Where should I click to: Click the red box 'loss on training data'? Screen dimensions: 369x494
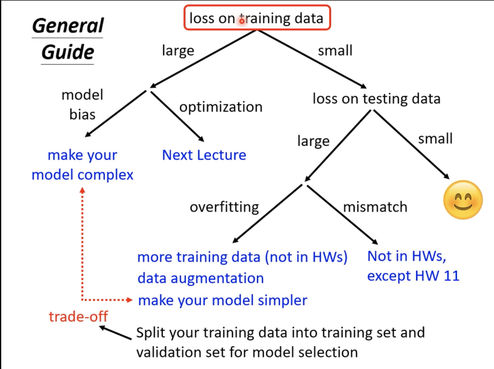(257, 18)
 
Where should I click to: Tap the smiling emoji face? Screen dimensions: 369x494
(462, 200)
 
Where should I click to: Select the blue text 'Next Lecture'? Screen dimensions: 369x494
(204, 155)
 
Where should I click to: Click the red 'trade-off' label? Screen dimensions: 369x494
(78, 316)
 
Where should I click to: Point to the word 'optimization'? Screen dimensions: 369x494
(221, 107)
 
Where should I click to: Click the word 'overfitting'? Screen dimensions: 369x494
(224, 207)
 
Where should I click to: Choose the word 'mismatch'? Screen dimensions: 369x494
(375, 207)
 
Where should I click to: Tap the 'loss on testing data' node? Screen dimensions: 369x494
(376, 99)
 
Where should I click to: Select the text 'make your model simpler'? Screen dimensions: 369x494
(222, 301)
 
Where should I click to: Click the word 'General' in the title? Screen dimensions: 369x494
(68, 26)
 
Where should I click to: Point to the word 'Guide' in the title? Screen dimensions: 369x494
(68, 52)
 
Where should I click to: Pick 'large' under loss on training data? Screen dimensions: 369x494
(178, 51)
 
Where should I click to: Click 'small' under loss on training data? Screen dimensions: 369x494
(335, 51)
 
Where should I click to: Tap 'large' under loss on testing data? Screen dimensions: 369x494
(313, 141)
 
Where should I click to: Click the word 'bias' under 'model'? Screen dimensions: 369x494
(82, 115)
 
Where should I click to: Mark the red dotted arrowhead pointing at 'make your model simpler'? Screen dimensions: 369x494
(129, 300)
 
